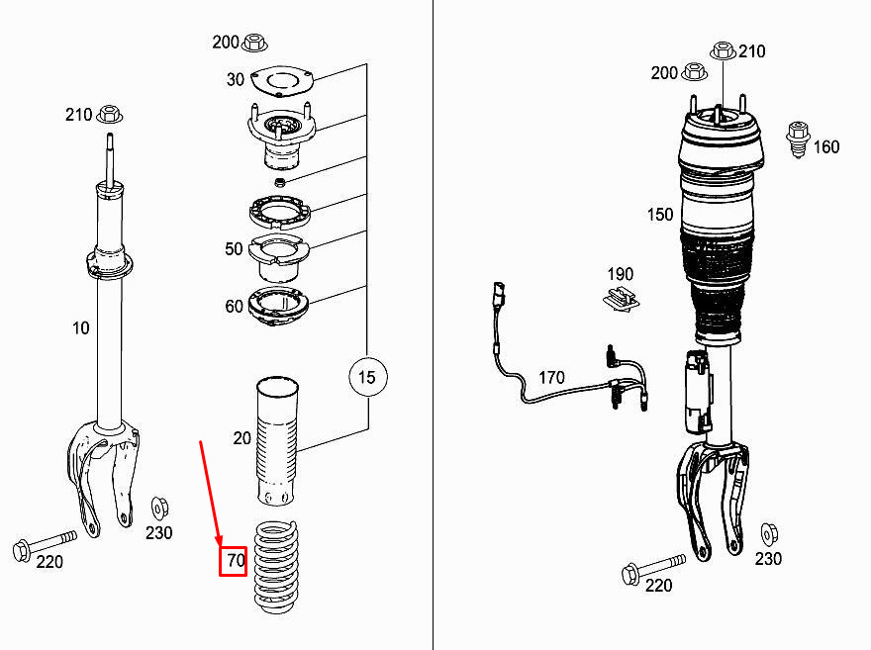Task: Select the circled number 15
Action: (368, 378)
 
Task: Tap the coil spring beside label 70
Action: (276, 567)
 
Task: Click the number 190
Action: (620, 274)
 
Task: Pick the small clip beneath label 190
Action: (621, 300)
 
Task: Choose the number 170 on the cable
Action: (551, 378)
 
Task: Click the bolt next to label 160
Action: (798, 139)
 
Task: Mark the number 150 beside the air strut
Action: (660, 215)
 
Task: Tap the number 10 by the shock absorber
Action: (80, 328)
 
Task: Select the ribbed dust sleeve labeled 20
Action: (277, 442)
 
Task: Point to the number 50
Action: (234, 248)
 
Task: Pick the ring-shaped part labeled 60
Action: (278, 307)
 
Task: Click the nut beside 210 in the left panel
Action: (110, 115)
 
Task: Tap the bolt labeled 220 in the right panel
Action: (653, 569)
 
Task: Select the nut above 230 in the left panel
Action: (160, 509)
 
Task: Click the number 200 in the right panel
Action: (664, 72)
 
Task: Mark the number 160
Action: (826, 147)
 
